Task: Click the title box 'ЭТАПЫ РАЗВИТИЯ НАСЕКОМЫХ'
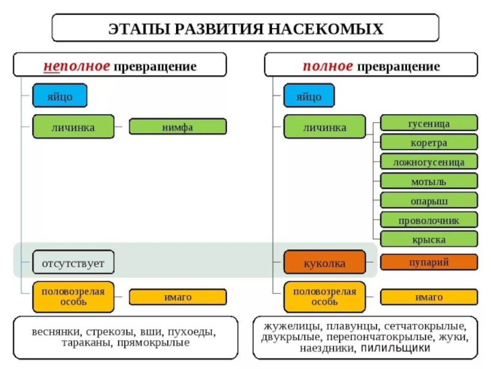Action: click(245, 28)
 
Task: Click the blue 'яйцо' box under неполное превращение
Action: click(60, 97)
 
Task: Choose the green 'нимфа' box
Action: click(177, 127)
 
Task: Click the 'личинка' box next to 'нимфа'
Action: click(73, 127)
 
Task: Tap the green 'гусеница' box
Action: click(428, 124)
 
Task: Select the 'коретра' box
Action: click(428, 143)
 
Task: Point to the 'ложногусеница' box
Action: click(428, 162)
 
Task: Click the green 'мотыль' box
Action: click(428, 181)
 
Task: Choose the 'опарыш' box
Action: click(428, 200)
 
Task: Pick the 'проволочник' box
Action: click(428, 220)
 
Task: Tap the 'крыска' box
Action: click(428, 239)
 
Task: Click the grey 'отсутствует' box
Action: click(73, 263)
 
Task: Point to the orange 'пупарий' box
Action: click(428, 262)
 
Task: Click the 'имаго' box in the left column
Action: click(177, 297)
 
